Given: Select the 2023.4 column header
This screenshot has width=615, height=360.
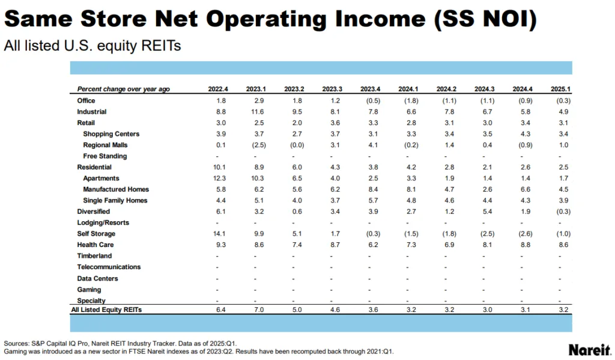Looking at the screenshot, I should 371,89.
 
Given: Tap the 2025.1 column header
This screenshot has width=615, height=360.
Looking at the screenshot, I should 560,89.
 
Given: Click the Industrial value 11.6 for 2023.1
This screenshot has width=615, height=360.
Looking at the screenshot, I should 256,112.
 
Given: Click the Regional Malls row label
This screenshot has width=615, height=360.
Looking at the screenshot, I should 105,145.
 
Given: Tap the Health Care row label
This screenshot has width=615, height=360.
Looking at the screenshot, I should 95,245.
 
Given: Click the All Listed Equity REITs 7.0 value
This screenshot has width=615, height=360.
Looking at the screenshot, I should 256,310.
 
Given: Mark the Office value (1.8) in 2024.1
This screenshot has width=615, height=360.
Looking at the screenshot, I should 408,100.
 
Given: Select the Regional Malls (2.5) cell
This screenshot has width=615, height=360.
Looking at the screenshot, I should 256,145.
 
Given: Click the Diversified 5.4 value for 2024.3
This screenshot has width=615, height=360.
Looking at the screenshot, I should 485,212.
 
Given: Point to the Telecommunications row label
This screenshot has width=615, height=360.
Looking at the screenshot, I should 109,267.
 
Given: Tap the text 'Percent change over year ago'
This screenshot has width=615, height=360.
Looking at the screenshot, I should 123,89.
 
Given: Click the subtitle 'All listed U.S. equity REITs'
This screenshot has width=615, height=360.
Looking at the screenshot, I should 92,46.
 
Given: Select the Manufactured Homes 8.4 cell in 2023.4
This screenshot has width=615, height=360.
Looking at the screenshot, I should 371,189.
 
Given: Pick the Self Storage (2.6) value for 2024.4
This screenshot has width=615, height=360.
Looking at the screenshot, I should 523,234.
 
